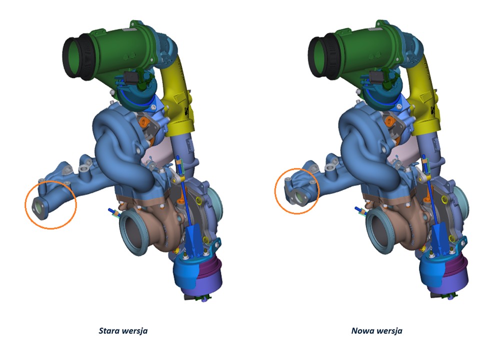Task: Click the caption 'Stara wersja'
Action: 123,331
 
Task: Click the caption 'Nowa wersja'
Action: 377,331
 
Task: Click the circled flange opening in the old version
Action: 38,206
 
